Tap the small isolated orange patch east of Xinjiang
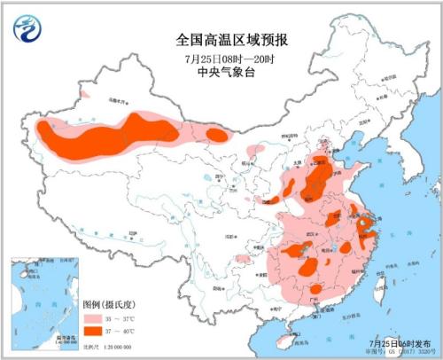(215, 135)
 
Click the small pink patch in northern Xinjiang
(85, 92)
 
